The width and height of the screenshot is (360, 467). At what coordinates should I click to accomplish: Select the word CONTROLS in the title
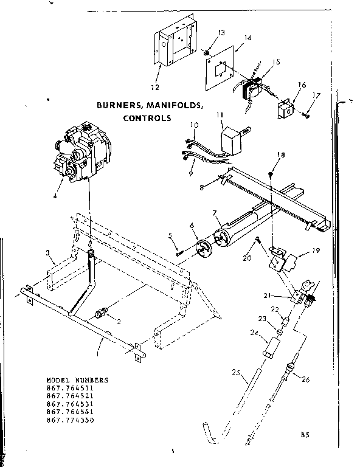click(x=147, y=118)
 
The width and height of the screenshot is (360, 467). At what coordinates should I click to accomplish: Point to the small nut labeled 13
click(x=207, y=54)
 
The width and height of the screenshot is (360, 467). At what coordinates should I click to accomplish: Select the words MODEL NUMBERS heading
click(x=77, y=379)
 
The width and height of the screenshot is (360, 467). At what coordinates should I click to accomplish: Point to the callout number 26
click(x=305, y=379)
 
